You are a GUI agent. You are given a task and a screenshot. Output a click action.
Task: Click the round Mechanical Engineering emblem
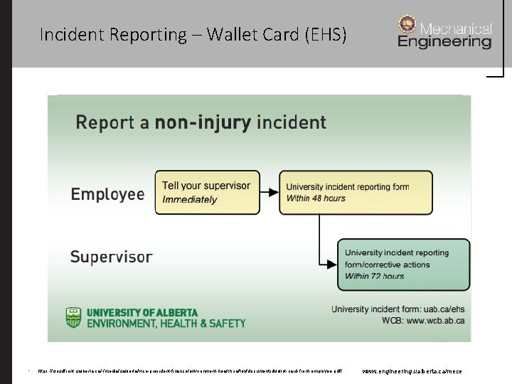click(x=408, y=25)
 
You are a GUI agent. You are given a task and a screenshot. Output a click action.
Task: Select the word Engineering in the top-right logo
click(x=444, y=42)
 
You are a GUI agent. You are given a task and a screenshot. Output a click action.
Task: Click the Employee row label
click(x=107, y=194)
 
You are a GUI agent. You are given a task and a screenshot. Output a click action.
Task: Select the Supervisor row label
click(x=111, y=256)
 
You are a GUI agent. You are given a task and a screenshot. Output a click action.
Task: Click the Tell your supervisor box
click(x=206, y=192)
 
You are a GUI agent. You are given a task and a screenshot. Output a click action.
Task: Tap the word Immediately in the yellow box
click(x=190, y=200)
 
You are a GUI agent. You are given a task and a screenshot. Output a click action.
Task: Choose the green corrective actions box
click(x=403, y=265)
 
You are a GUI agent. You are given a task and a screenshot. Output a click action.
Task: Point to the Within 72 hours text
click(x=374, y=277)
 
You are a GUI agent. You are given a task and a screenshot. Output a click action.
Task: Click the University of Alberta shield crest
click(x=74, y=317)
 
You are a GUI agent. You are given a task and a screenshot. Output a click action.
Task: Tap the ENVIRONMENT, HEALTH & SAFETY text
click(x=166, y=323)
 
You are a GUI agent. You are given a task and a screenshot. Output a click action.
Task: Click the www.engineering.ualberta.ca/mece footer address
click(x=412, y=371)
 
